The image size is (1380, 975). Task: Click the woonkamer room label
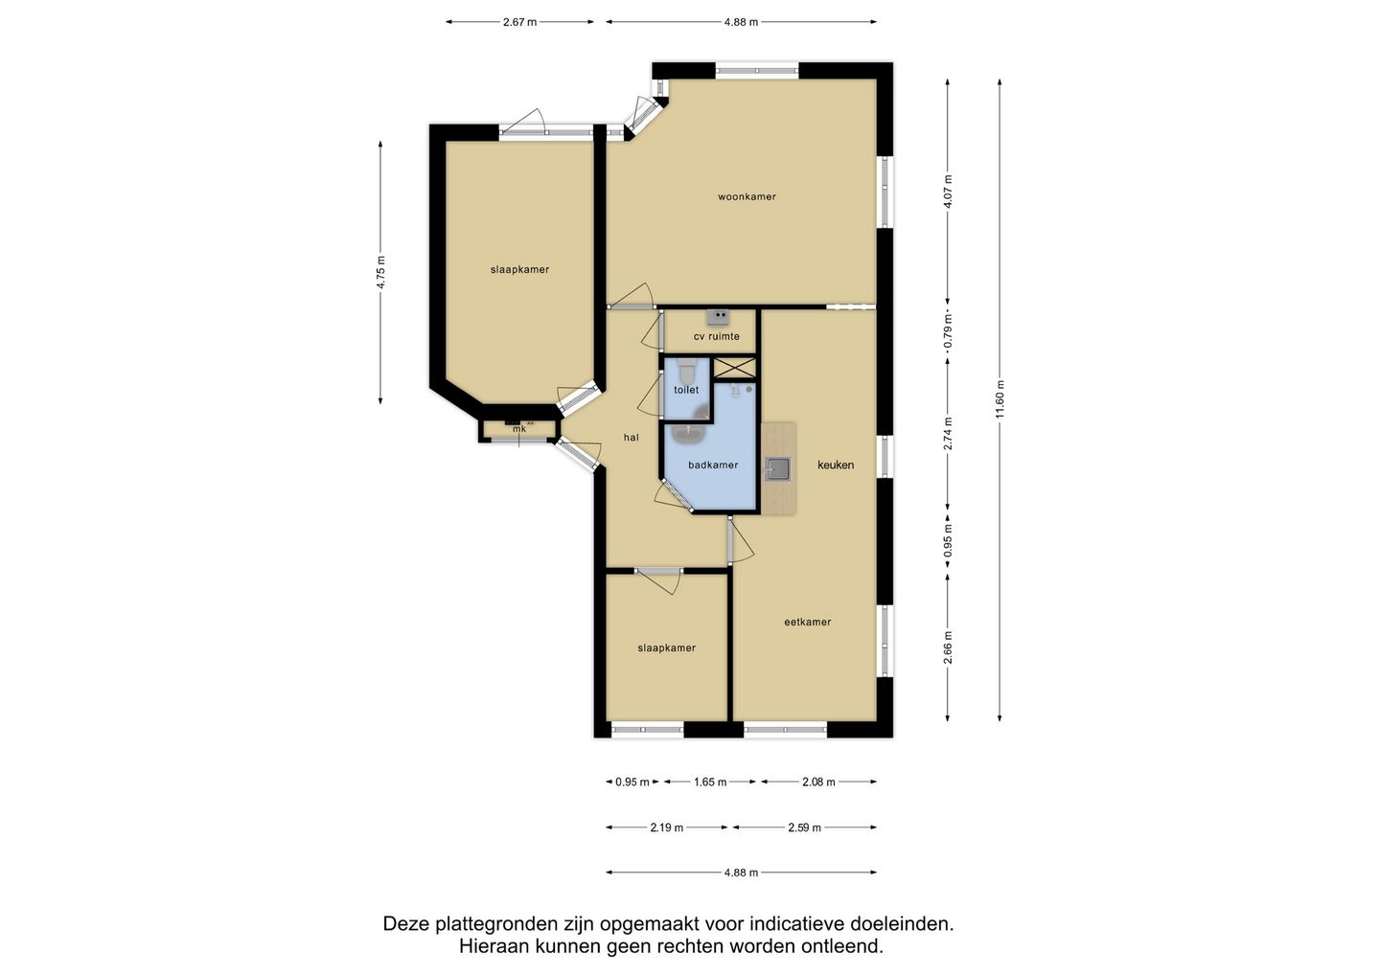pos(747,197)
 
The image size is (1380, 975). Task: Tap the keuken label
pos(836,465)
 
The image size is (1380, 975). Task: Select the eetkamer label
pos(808,622)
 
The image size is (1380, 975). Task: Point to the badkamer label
pos(713,465)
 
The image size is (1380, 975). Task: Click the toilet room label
pos(686,390)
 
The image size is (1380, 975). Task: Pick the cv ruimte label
pos(717,336)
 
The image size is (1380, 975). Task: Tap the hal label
pos(631,438)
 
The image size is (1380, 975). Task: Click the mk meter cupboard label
pos(519,429)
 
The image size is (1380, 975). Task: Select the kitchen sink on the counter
pos(777,469)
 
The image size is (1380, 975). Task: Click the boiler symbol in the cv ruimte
pos(718,317)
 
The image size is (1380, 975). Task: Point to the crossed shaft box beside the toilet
pos(734,368)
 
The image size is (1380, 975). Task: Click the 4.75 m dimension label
pos(380,272)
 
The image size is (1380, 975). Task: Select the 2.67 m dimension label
pos(520,22)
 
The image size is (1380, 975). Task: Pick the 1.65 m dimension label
pos(710,782)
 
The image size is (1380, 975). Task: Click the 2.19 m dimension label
pos(667,828)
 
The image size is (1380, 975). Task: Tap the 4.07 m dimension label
pos(948,192)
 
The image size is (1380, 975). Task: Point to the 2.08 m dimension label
pos(818,782)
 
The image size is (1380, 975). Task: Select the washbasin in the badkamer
pos(686,435)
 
